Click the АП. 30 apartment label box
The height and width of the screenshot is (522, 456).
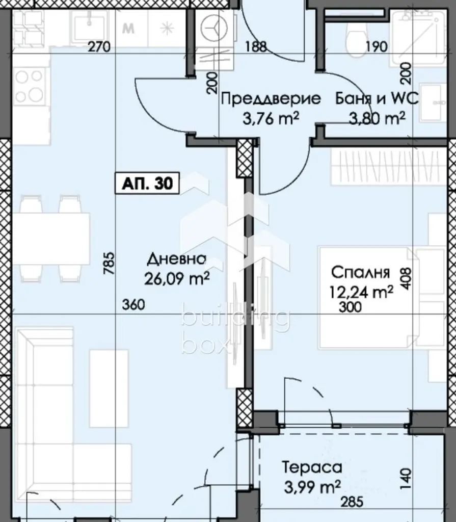coord(147,183)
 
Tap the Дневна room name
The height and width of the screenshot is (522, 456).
coord(176,258)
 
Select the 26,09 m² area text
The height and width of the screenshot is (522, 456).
coord(177,279)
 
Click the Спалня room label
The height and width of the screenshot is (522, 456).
coord(361,272)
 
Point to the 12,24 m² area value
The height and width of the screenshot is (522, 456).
coord(361,292)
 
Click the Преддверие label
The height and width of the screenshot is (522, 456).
coord(271,99)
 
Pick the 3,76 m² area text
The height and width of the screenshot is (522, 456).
coord(271,118)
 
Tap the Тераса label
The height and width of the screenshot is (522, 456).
coord(312,467)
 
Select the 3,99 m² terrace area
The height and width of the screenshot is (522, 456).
coord(312,487)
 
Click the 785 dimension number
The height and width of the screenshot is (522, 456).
coord(109,263)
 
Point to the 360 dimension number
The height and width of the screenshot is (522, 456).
coord(133,304)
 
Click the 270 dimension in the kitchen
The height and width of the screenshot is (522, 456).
coord(99,46)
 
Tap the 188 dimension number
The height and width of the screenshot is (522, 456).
coord(256,46)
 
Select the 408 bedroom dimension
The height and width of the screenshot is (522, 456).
coord(407,279)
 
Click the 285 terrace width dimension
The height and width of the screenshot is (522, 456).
coord(352,502)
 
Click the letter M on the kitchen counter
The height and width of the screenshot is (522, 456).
coord(128,29)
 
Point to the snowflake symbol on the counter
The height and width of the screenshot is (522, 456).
coord(166,29)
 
